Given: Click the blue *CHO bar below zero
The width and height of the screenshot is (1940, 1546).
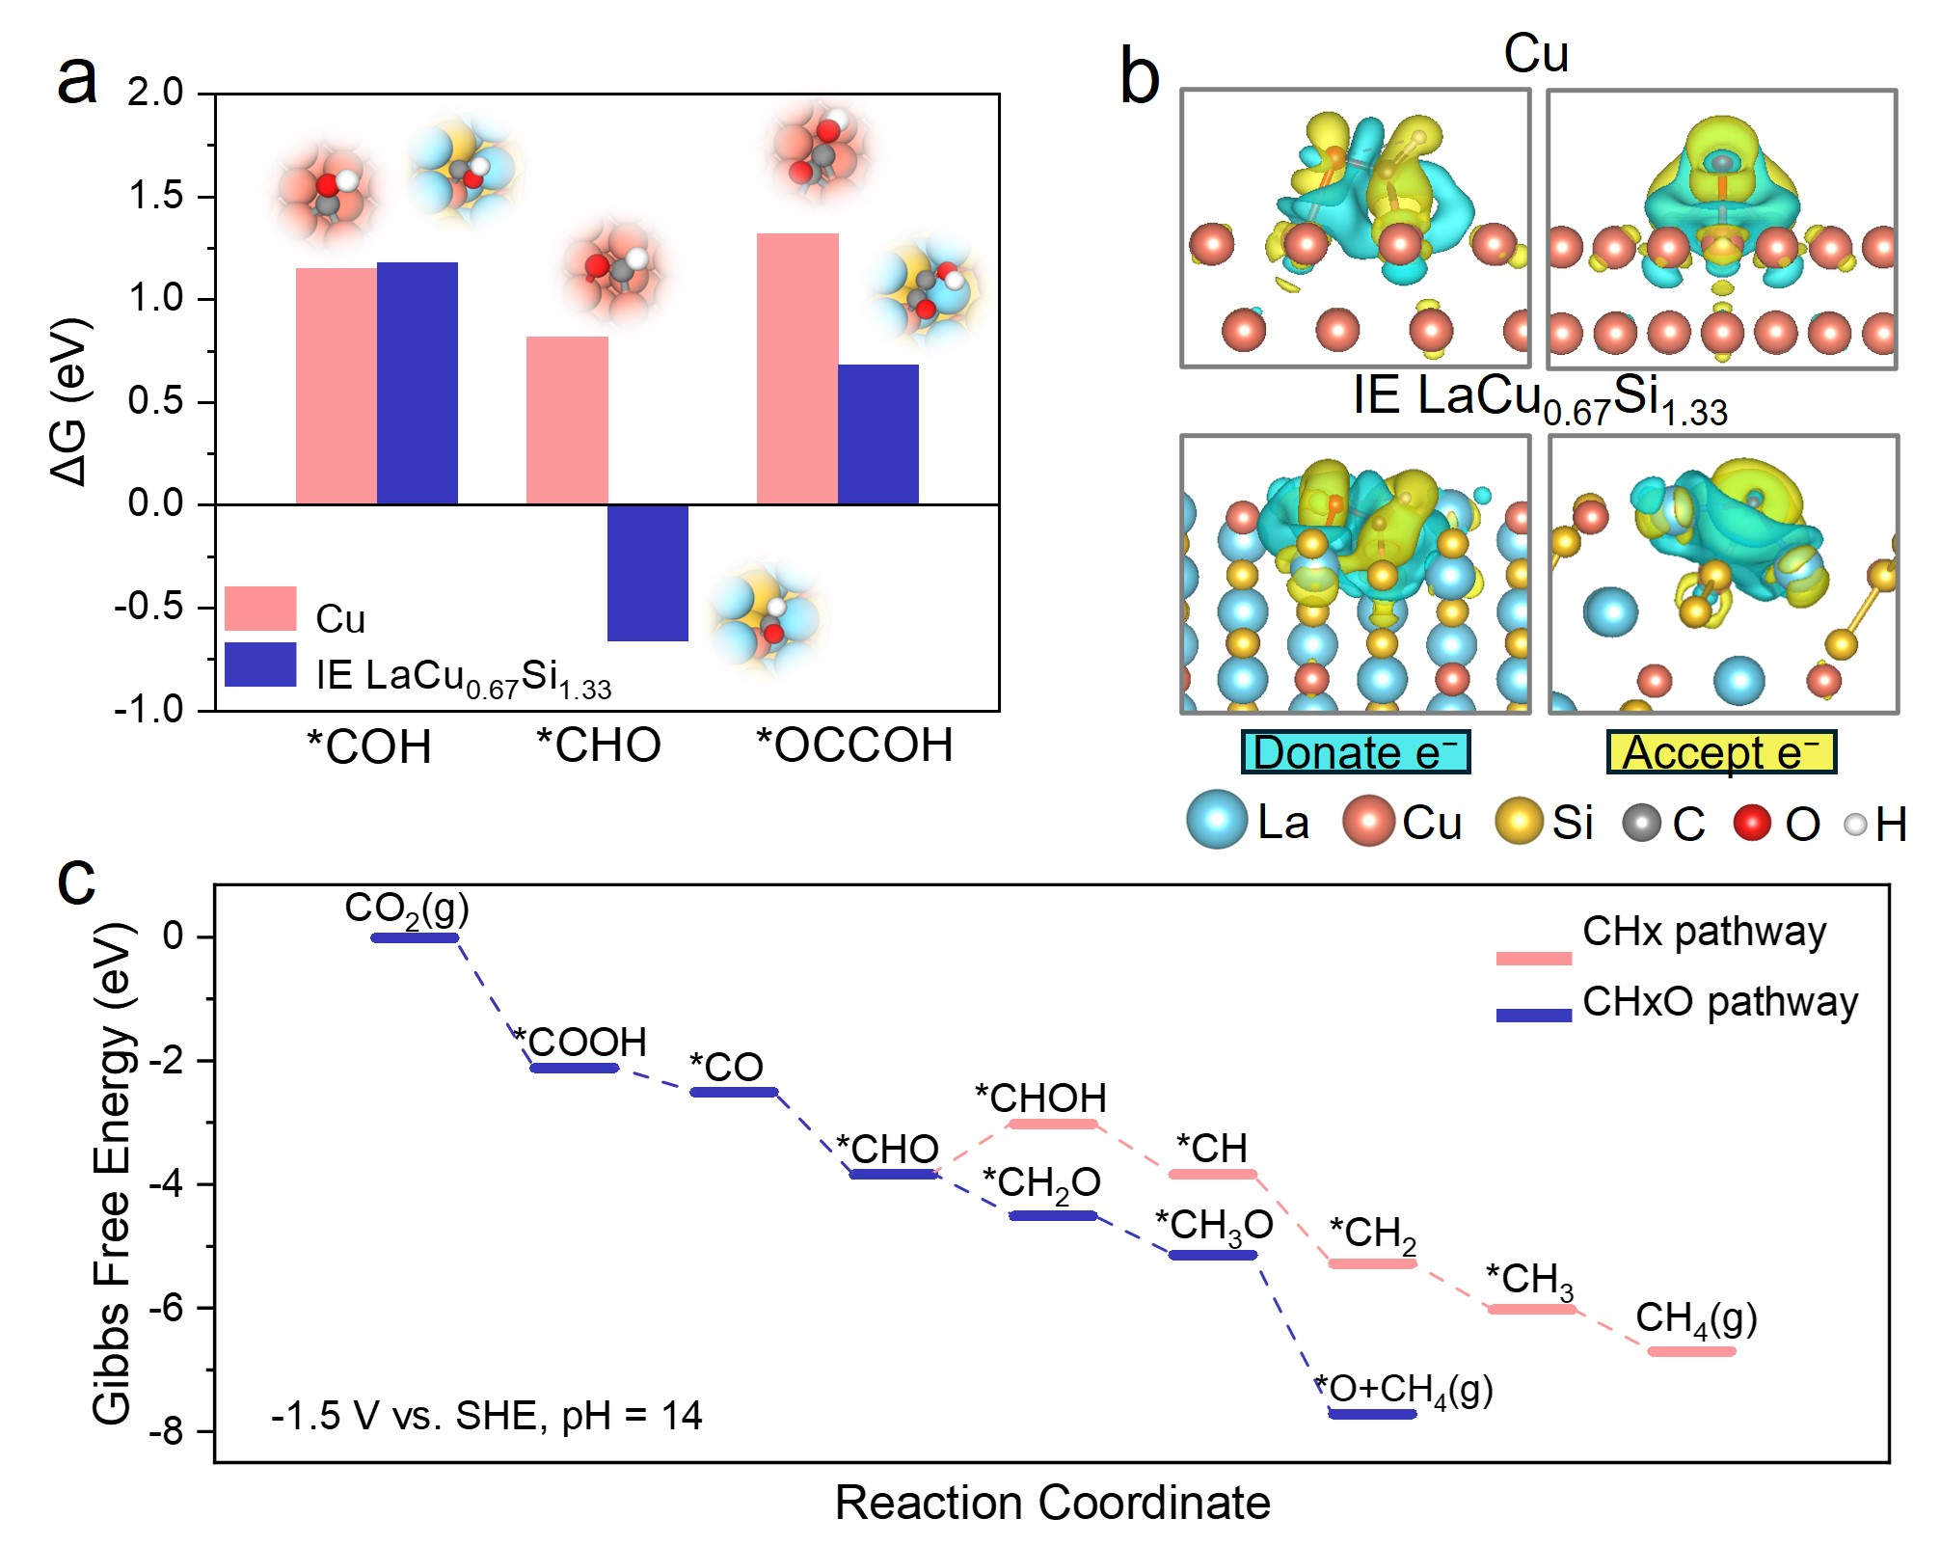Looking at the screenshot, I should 647,572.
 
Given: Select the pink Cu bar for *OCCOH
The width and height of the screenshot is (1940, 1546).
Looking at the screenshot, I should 796,368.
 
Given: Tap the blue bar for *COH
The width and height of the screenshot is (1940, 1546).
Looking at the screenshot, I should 417,383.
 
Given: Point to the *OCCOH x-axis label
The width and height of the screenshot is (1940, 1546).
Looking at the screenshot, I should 854,746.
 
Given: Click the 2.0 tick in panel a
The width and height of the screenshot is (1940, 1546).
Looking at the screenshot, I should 156,93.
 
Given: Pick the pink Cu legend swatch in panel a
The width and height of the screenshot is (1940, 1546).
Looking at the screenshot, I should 259,609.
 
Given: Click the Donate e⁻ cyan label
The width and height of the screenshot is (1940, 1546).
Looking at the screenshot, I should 1355,752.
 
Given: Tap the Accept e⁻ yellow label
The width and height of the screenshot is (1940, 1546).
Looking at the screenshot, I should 1721,752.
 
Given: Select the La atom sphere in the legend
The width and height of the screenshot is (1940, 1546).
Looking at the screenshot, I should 1217,820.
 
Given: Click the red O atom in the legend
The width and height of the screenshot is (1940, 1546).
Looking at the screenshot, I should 1752,823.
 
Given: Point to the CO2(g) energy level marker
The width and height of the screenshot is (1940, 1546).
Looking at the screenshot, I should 415,937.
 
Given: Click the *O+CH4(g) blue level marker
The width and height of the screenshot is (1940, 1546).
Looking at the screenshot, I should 1372,1414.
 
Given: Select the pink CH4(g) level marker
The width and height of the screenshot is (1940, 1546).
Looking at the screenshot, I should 1691,1351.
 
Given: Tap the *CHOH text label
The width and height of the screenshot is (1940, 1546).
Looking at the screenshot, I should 1040,1098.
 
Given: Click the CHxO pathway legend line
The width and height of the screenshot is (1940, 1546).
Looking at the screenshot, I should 1533,1015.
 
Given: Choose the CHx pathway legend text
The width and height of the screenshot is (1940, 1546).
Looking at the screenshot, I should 1704,932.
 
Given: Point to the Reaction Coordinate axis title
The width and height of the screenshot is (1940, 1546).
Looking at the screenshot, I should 1052,1503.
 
